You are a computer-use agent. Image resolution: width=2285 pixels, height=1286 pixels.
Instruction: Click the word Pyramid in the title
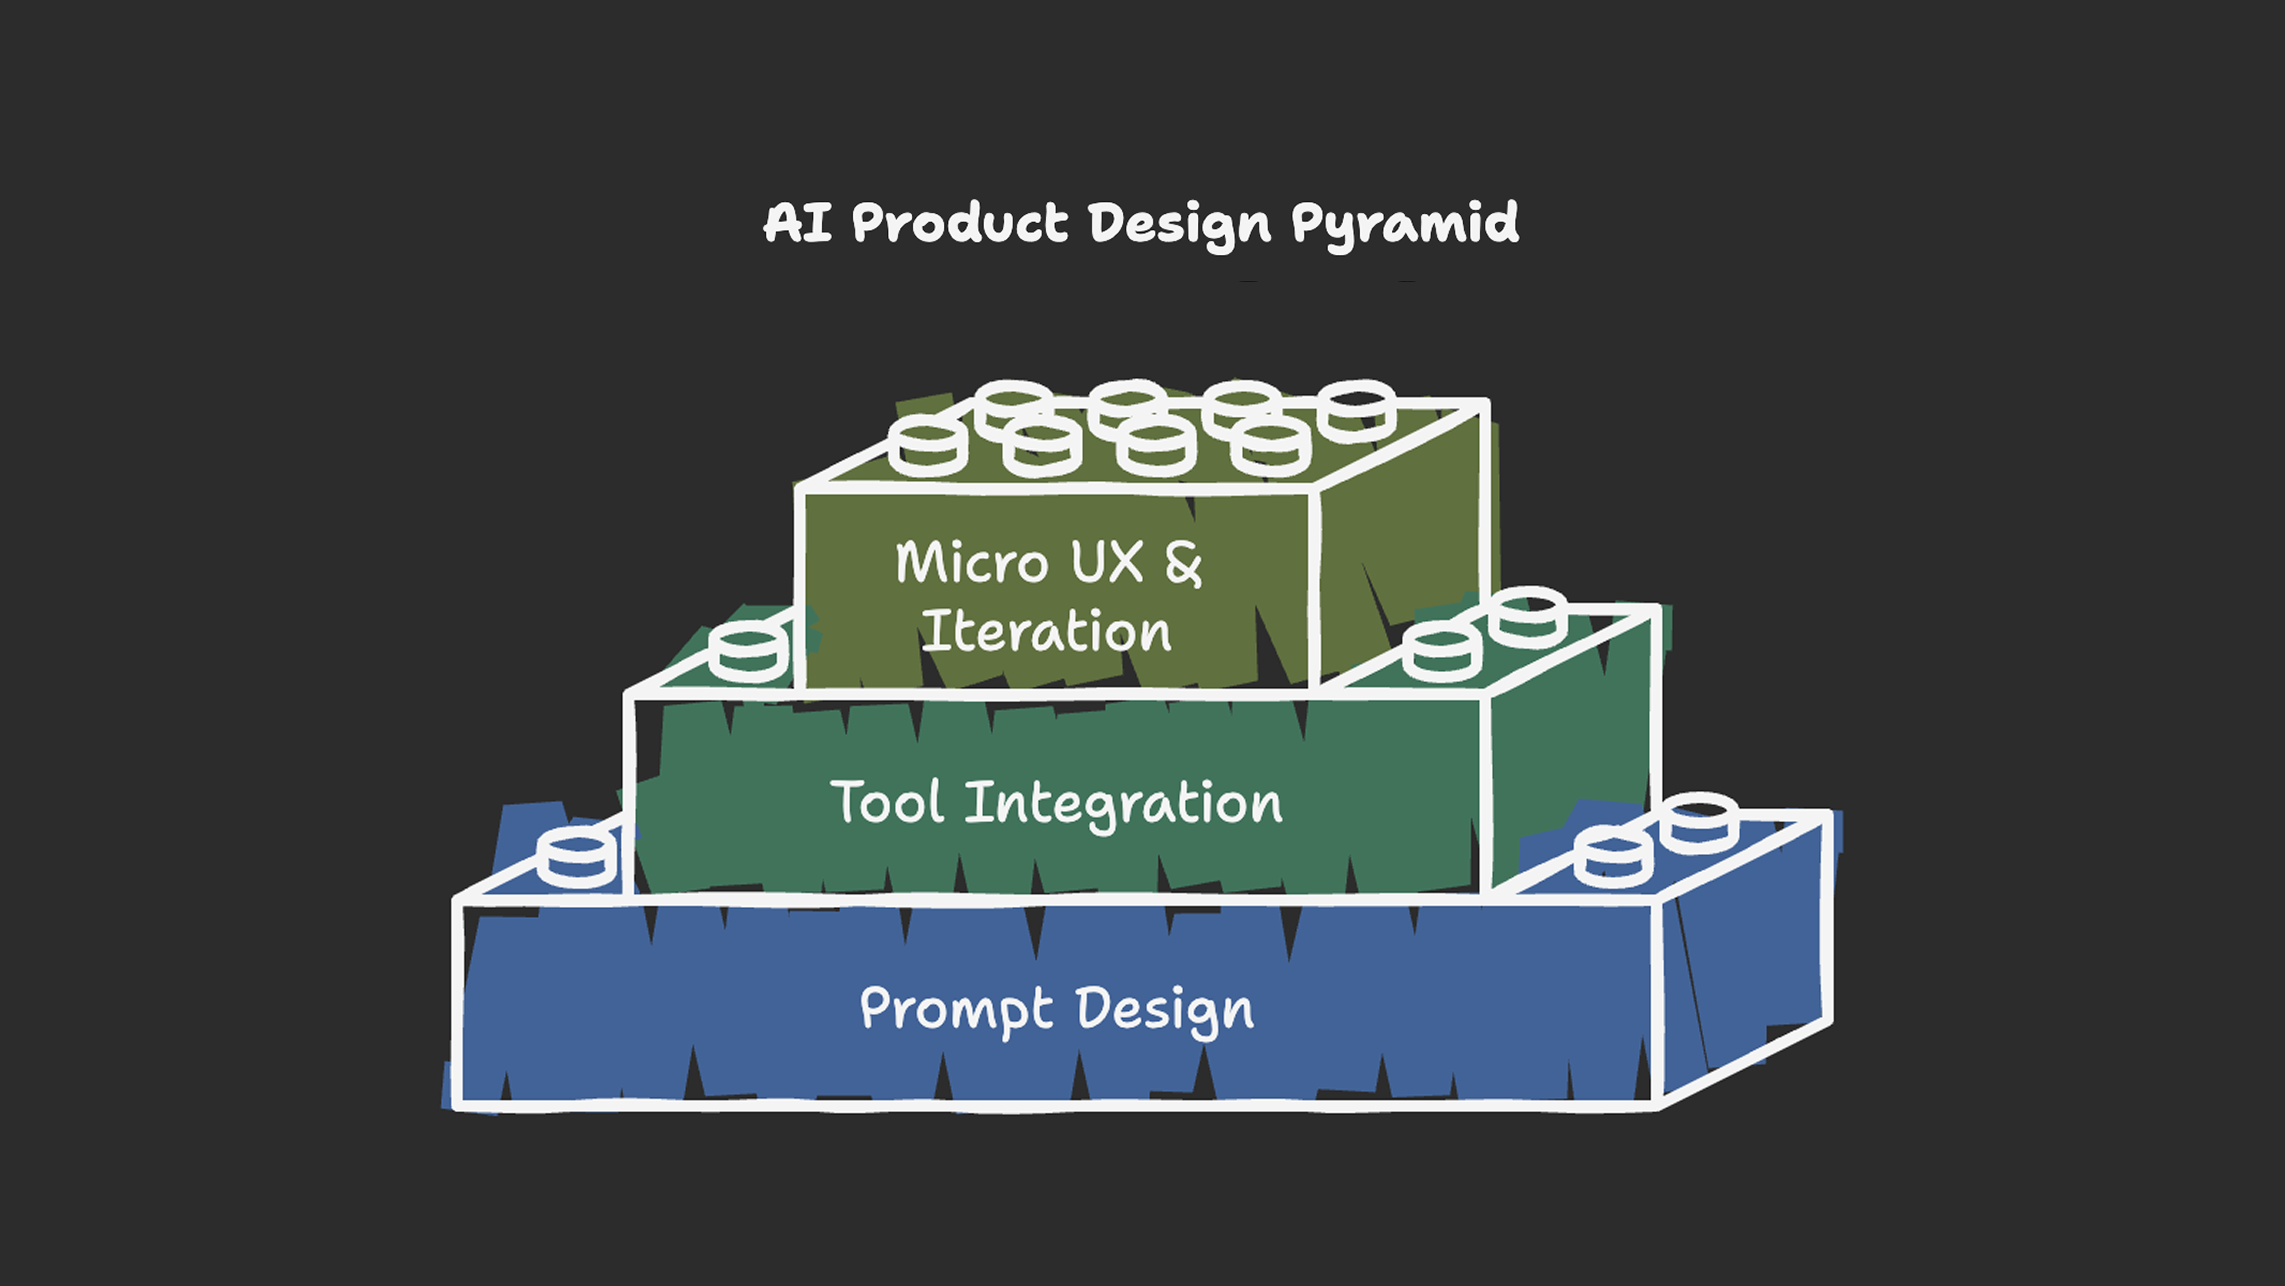coord(1404,224)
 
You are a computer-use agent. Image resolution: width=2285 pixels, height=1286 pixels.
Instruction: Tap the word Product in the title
coord(960,222)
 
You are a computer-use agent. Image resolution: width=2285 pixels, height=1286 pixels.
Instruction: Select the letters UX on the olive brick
coord(1107,562)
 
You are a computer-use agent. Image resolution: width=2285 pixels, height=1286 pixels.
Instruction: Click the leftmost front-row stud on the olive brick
coord(928,447)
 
